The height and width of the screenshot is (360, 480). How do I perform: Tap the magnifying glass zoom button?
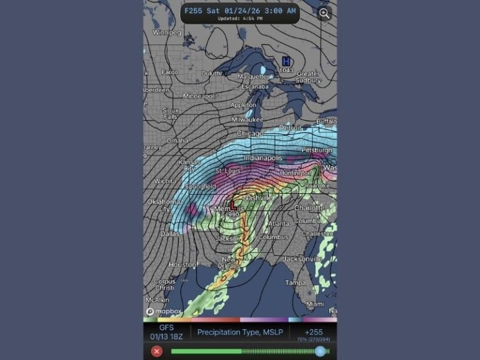pyautogui.click(x=324, y=14)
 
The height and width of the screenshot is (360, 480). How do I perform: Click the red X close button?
pyautogui.click(x=157, y=351)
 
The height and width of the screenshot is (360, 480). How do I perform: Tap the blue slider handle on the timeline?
pyautogui.click(x=320, y=351)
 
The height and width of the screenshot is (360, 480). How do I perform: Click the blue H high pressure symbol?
pyautogui.click(x=286, y=61)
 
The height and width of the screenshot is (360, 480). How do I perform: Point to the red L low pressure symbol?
pyautogui.click(x=232, y=205)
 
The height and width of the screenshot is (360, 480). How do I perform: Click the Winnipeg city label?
pyautogui.click(x=166, y=32)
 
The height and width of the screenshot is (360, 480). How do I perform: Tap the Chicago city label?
pyautogui.click(x=250, y=134)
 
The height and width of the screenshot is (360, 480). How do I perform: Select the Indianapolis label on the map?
pyautogui.click(x=262, y=158)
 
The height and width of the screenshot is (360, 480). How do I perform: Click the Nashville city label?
pyautogui.click(x=258, y=197)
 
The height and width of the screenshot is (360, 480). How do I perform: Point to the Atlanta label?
pyautogui.click(x=278, y=223)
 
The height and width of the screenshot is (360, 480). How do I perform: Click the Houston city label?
pyautogui.click(x=182, y=265)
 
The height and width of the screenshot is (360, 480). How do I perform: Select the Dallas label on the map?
pyautogui.click(x=169, y=234)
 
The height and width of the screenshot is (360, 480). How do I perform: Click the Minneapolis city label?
pyautogui.click(x=201, y=96)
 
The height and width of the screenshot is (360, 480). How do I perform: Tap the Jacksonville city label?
pyautogui.click(x=301, y=259)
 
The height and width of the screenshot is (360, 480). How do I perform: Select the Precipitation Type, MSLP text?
pyautogui.click(x=240, y=332)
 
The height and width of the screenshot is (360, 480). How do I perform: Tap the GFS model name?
pyautogui.click(x=166, y=327)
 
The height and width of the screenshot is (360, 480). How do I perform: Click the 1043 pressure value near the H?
pyautogui.click(x=286, y=70)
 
